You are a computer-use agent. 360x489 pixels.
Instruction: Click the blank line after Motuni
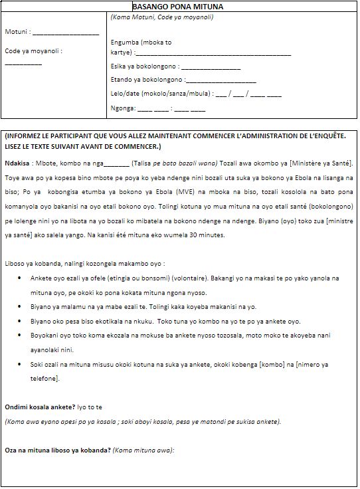65,33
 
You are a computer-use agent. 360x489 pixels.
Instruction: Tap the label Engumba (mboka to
141,42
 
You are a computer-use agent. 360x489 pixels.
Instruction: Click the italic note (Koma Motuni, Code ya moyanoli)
162,16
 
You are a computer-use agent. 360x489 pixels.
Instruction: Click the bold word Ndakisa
17,163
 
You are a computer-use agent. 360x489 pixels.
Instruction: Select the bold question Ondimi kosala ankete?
49,406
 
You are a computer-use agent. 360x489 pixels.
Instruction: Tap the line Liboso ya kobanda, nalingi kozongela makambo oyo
84,263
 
